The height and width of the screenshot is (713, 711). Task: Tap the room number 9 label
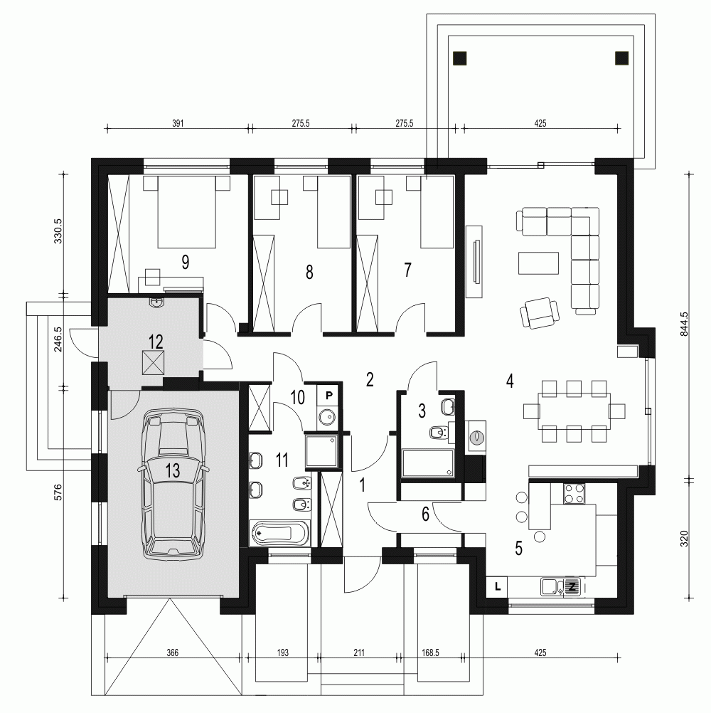[x=185, y=262]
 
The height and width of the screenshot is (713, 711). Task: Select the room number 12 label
[x=156, y=342]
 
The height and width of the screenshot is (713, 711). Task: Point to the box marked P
[x=328, y=395]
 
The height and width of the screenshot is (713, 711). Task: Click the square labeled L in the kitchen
[x=498, y=586]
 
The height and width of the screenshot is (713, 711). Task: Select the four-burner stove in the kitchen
[x=574, y=493]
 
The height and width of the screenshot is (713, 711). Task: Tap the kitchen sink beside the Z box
[x=552, y=587]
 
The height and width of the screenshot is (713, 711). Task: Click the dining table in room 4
[x=574, y=411]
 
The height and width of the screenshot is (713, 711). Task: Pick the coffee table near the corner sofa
[x=538, y=263]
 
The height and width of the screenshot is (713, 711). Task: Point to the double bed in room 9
[x=187, y=212]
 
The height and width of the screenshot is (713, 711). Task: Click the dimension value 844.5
[x=684, y=324]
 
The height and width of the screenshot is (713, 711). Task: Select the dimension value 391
[x=178, y=123]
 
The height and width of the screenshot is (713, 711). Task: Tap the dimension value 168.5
[x=430, y=653]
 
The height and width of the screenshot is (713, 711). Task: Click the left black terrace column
[x=460, y=58]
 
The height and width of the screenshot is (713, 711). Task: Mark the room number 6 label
[x=425, y=514]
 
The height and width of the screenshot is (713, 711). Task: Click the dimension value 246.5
[x=58, y=339]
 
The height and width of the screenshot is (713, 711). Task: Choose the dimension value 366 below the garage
[x=173, y=653]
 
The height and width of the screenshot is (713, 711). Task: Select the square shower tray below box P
[x=322, y=451]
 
